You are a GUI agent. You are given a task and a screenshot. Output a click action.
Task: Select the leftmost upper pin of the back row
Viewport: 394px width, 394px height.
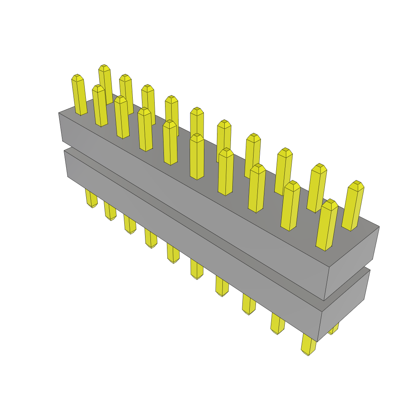pos(105,83)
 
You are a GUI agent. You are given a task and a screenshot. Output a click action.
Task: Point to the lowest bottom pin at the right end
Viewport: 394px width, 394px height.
pos(308,345)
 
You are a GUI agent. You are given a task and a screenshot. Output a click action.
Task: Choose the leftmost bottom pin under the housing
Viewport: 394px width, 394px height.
pos(91,198)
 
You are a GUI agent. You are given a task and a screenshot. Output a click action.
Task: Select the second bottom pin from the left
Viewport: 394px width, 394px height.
pos(110,211)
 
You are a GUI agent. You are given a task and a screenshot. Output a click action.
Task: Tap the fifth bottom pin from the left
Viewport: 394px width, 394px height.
pos(173,254)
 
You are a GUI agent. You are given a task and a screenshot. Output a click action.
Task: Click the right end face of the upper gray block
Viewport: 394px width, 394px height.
pos(350,262)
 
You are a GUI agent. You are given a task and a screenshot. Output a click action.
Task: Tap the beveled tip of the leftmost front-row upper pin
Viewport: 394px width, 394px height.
pos(77,78)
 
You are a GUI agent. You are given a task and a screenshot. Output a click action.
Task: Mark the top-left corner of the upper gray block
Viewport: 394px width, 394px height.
pos(59,113)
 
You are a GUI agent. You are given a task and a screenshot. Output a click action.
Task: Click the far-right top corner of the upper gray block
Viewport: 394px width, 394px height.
pos(379,227)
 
